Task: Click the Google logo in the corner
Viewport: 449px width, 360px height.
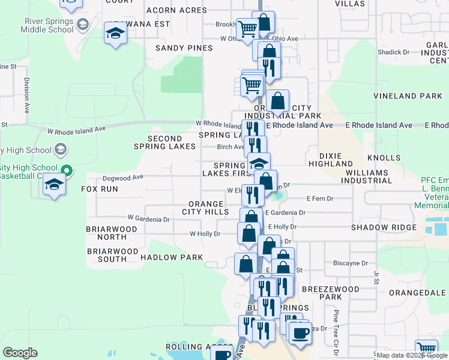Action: coord(20,353)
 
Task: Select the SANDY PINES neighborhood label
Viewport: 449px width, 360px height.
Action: coord(184,48)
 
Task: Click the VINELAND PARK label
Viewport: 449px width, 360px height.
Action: coord(408,96)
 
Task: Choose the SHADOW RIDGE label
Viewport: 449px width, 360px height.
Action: coord(384,227)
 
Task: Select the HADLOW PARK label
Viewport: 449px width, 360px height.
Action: coord(171,257)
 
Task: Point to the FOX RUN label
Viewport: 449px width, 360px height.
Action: coord(100,189)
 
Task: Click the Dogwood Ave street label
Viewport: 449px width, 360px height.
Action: coord(124,178)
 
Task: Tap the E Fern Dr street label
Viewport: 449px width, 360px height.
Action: coord(320,198)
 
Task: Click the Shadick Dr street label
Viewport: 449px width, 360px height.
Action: coord(393,52)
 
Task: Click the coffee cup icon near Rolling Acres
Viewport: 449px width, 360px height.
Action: coord(222,354)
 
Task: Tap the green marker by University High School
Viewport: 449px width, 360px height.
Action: coord(67,171)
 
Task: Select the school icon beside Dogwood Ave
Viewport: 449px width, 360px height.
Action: coord(54,185)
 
